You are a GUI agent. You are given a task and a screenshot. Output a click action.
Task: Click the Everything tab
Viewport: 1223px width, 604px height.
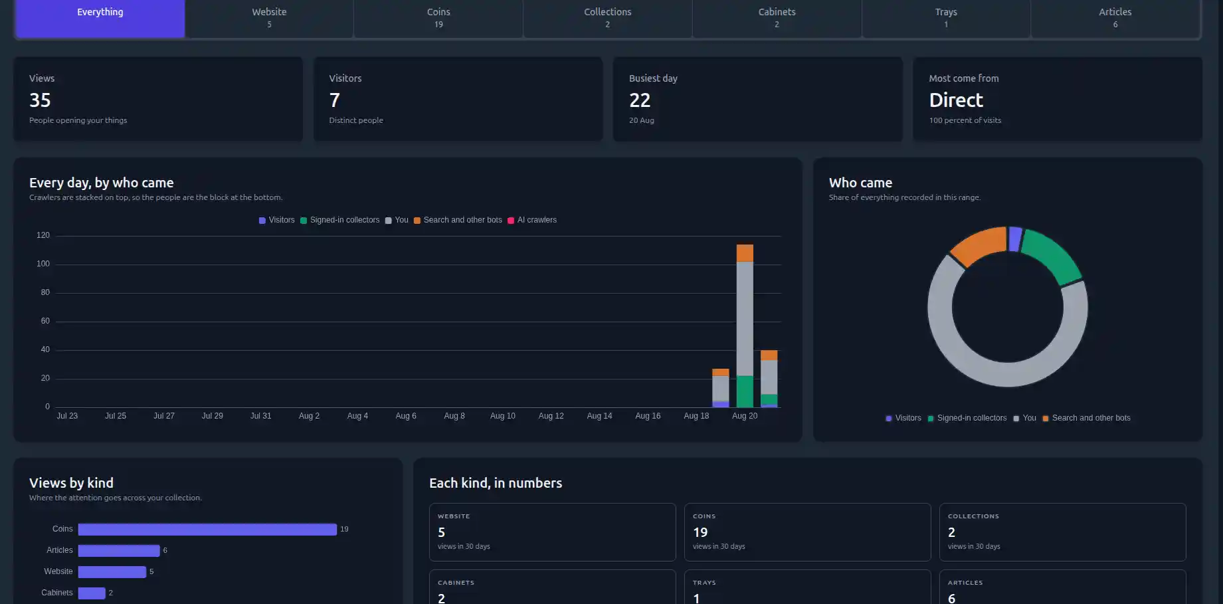coord(100,18)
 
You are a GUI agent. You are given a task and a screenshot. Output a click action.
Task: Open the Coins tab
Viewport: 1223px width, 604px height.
coord(438,18)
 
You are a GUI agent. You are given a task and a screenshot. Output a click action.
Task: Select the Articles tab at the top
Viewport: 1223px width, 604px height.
coord(1115,18)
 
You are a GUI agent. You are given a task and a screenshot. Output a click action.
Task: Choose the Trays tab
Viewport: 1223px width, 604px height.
coord(946,18)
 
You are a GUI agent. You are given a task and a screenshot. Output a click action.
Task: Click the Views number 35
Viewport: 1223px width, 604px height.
coord(40,100)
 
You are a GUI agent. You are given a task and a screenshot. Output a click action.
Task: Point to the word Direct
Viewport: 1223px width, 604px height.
coord(956,100)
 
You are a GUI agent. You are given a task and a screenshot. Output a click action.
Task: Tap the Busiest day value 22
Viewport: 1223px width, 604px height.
coord(640,100)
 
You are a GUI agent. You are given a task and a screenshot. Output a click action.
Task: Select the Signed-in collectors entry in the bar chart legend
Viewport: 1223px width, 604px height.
coord(340,220)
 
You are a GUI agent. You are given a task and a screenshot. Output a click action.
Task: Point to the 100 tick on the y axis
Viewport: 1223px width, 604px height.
coord(43,264)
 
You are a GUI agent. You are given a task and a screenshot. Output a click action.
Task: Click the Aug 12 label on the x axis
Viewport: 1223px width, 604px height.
coord(551,416)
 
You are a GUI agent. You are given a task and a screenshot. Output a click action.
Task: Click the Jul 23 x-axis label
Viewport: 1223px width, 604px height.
coord(67,416)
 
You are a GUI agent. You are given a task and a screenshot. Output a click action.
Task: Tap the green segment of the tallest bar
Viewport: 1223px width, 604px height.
coord(745,391)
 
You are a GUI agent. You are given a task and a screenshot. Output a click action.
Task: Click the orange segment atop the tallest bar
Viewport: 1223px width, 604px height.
coord(745,253)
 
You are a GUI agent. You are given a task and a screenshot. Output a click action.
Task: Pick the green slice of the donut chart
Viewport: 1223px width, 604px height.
coord(1052,256)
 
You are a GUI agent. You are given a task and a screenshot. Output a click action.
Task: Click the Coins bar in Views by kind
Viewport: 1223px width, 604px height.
coord(207,530)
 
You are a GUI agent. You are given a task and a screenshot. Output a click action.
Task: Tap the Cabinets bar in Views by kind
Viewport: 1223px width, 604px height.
coord(92,593)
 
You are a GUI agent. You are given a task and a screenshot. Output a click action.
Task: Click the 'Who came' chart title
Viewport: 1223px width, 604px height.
coord(860,183)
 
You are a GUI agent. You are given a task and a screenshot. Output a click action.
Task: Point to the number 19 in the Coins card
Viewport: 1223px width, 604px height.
coord(700,532)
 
